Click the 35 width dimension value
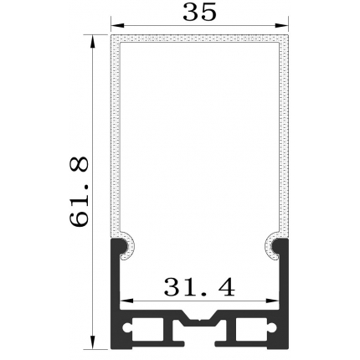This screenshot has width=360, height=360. [x=198, y=13]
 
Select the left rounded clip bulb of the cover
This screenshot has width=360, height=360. [x=127, y=244]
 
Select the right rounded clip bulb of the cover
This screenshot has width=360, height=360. [x=275, y=244]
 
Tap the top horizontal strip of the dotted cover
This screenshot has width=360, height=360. [x=201, y=39]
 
